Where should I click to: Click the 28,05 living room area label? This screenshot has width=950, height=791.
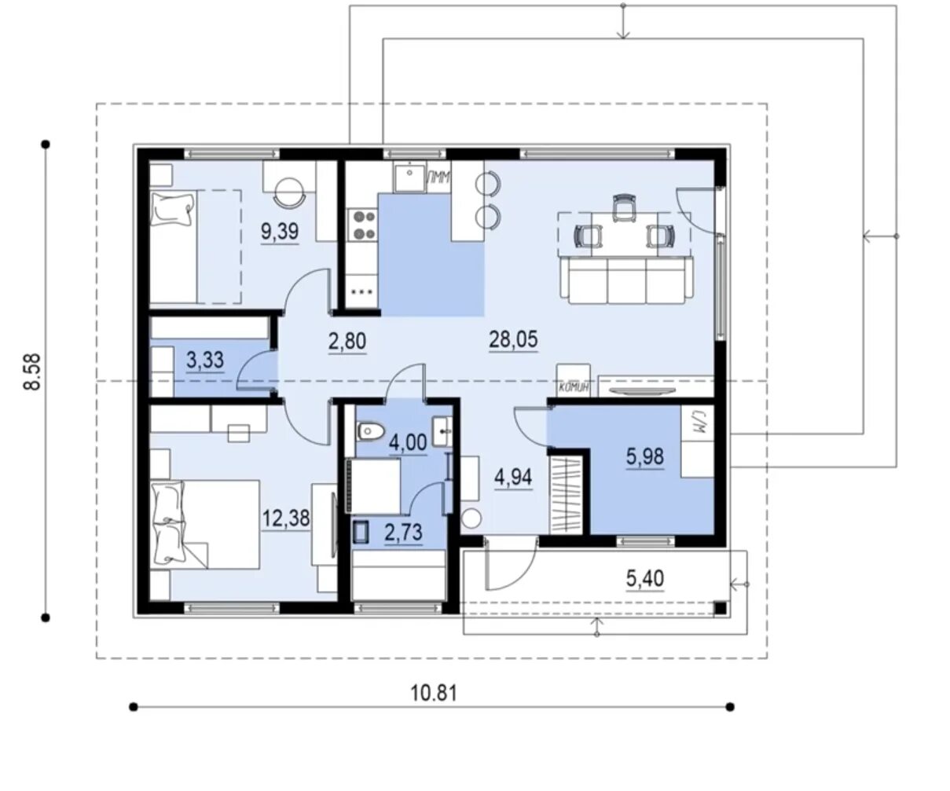[x=513, y=340]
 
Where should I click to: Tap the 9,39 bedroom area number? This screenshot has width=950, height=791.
[x=280, y=232]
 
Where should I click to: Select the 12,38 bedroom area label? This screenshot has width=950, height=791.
[x=286, y=518]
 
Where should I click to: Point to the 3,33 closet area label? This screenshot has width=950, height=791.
[x=205, y=361]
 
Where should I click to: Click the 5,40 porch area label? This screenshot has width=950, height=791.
[x=645, y=579]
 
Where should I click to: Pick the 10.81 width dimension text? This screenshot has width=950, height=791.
[x=434, y=694]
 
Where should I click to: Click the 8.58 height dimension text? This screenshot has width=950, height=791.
[x=33, y=372]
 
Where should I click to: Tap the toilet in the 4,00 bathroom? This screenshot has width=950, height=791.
[x=371, y=430]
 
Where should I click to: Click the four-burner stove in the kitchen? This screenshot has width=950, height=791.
[x=363, y=225]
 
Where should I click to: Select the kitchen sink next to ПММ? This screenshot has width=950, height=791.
[x=409, y=178]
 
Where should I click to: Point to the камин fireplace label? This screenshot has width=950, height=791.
[x=574, y=387]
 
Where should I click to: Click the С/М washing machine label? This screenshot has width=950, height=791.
[x=697, y=427]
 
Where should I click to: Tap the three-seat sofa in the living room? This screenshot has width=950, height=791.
[x=627, y=280]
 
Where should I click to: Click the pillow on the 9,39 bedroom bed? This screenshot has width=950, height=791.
[x=171, y=210]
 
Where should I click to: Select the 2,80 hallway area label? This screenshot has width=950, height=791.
[x=347, y=342]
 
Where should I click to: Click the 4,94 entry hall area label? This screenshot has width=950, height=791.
[x=513, y=477]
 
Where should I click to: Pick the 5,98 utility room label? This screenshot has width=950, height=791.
[x=645, y=456]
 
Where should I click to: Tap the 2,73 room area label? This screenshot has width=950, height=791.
[x=404, y=532]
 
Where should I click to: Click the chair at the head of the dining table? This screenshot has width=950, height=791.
[x=624, y=207]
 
